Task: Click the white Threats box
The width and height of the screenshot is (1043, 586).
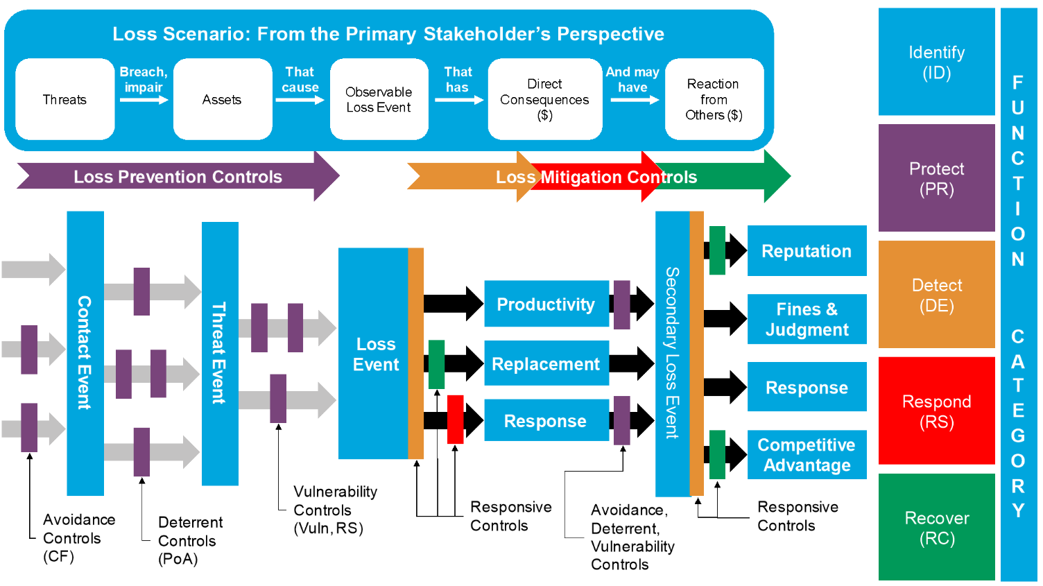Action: click(x=64, y=99)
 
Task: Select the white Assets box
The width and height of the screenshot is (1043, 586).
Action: click(x=222, y=99)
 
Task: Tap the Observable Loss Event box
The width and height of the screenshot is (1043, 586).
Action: click(x=379, y=99)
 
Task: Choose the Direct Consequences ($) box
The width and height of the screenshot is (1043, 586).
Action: click(x=544, y=99)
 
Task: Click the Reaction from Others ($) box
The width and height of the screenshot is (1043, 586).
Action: click(x=714, y=99)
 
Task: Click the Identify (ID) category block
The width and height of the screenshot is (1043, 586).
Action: click(x=936, y=62)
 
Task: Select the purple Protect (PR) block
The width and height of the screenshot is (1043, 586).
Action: click(x=936, y=178)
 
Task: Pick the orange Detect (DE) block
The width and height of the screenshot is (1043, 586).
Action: click(x=936, y=295)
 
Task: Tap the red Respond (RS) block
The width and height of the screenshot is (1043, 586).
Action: click(x=936, y=411)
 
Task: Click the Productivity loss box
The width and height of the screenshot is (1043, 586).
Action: click(x=546, y=304)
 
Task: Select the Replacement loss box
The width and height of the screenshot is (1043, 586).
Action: click(x=546, y=363)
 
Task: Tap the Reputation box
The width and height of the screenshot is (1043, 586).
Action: click(x=807, y=251)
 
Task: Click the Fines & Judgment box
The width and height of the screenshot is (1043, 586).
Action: click(x=807, y=319)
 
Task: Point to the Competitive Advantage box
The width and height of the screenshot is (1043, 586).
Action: click(x=807, y=455)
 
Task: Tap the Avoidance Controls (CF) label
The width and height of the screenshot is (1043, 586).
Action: click(x=78, y=537)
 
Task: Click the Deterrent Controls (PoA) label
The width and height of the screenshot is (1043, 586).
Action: click(x=189, y=540)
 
